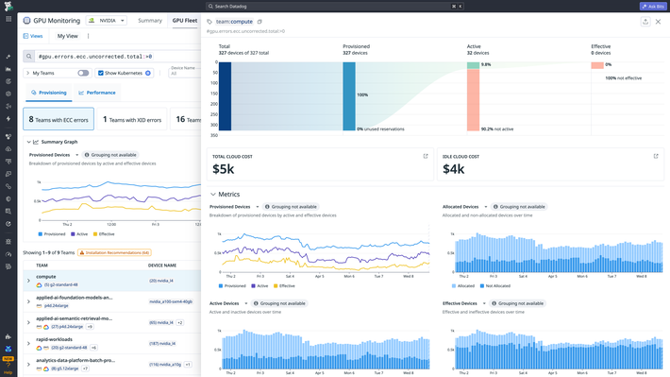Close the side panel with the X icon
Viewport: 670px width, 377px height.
658,21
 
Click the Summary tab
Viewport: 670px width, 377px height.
149,20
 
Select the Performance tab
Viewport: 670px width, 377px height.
98,94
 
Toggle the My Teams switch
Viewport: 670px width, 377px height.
83,73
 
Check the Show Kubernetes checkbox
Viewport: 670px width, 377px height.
102,73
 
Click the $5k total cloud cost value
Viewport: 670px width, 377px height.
223,169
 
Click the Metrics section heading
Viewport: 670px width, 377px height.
229,194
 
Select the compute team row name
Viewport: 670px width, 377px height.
46,276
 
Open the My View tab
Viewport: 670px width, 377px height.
68,36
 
